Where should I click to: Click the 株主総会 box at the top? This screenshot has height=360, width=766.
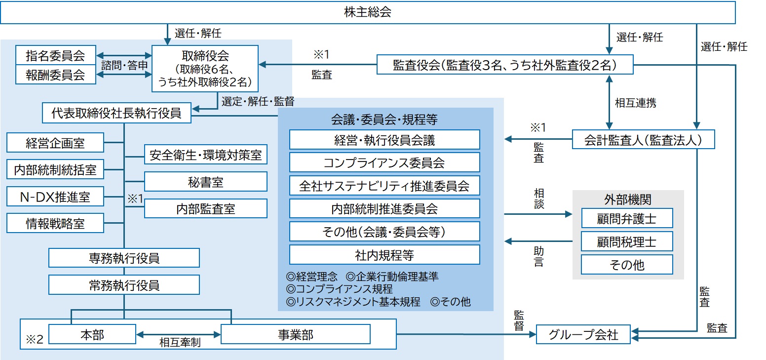point(368,13)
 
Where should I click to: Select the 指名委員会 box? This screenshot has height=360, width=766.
point(55,55)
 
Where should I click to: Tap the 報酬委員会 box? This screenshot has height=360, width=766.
point(55,75)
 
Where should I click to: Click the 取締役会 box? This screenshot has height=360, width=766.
point(205,69)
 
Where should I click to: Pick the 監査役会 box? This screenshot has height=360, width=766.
point(505,65)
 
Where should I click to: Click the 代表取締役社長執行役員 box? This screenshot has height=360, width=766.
point(116,113)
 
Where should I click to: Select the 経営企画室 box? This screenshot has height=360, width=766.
point(55,143)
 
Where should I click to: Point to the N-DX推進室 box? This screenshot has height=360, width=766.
point(55,197)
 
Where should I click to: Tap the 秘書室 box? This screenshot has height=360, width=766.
point(206,182)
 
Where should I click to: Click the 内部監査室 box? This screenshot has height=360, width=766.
point(206,208)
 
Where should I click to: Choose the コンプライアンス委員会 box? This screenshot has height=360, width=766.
point(384,162)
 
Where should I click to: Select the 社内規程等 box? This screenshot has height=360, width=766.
point(384,255)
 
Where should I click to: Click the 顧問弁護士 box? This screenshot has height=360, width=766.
point(627,218)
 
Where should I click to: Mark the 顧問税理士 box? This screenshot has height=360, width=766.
point(627,242)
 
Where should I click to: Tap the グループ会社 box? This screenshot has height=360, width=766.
point(583,335)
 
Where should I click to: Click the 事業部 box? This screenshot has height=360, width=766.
point(296,334)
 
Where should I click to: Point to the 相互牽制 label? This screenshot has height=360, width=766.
point(180,343)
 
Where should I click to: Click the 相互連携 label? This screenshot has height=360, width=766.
point(635,103)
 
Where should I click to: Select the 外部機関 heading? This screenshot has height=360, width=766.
point(627,199)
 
